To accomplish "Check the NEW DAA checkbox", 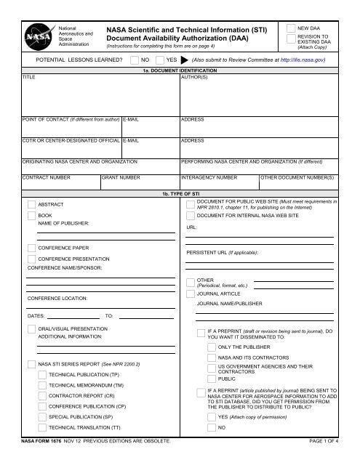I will click(291, 26).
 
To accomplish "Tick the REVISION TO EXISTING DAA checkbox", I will click(291, 40).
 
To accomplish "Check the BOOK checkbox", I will click(31, 216).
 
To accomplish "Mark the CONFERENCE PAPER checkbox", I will click(31, 248).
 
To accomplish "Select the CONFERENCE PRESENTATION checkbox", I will click(31, 259).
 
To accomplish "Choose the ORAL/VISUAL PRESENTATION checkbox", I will click(31, 329).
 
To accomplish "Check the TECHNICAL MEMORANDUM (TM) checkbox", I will click(41, 384).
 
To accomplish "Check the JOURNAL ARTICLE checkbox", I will click(191, 294).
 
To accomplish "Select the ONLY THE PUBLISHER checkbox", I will click(211, 347).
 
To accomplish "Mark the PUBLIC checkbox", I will click(211, 379).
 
